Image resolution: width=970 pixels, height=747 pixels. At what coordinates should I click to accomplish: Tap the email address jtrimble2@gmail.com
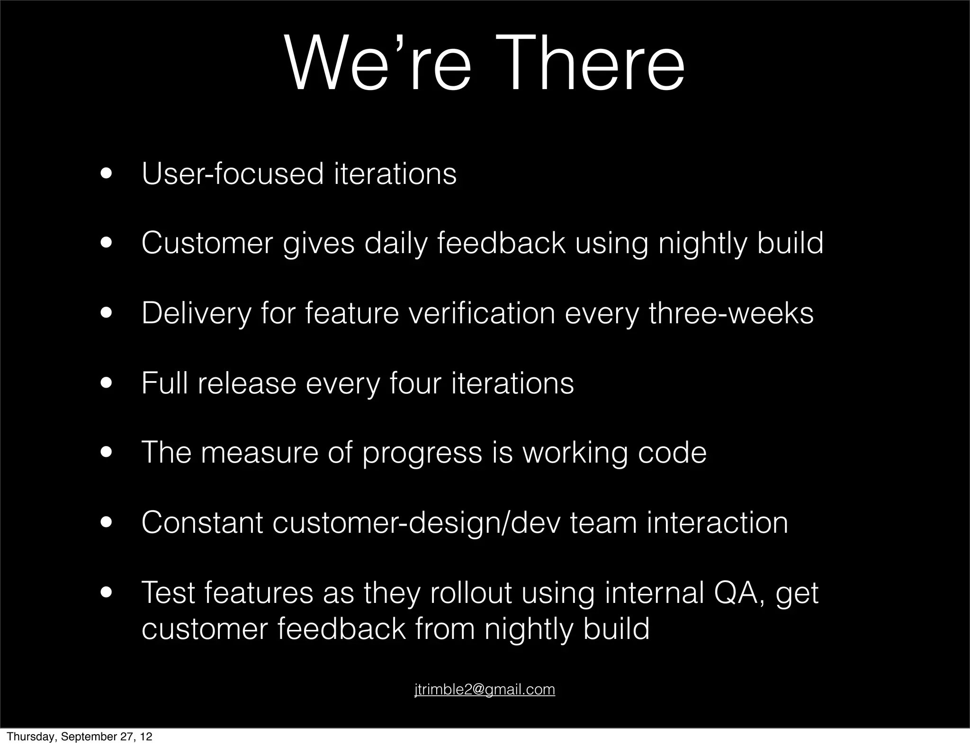[485, 689]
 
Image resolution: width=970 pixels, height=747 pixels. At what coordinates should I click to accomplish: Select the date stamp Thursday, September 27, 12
[80, 737]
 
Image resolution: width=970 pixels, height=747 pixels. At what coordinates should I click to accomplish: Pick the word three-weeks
[731, 313]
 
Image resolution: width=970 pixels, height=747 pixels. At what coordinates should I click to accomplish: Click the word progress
[422, 453]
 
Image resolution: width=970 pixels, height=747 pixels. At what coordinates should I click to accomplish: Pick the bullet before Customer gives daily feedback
[106, 244]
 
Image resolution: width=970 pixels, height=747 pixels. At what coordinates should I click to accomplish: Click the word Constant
[202, 523]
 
